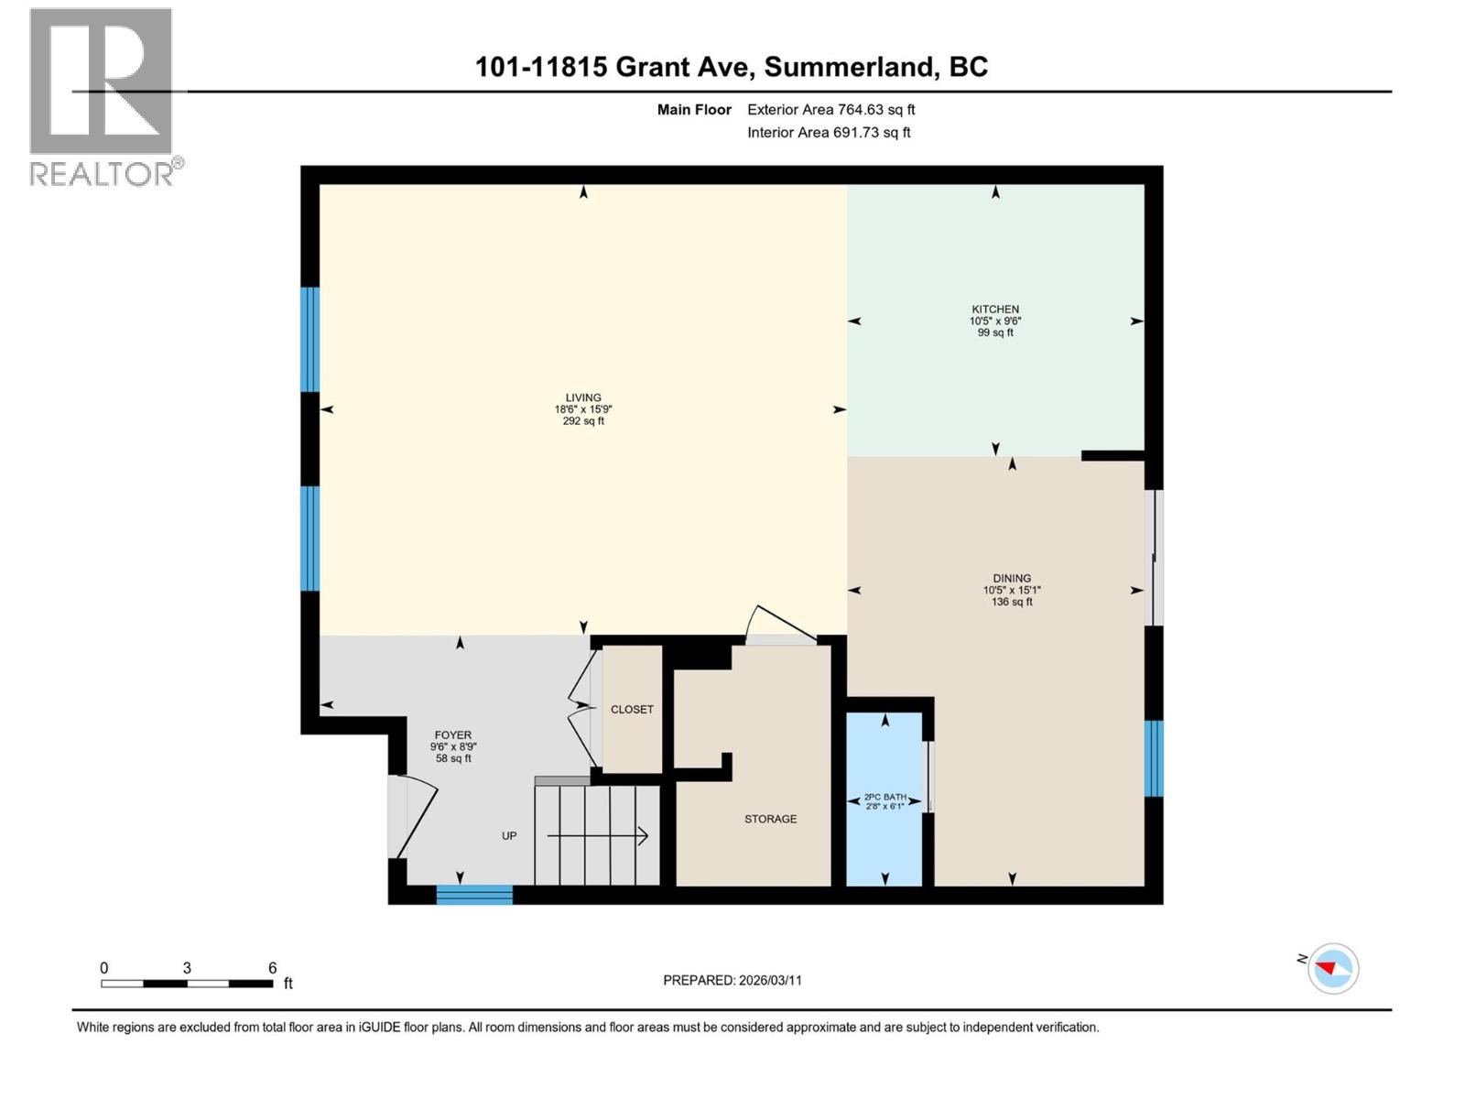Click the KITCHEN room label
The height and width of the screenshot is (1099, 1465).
click(x=995, y=310)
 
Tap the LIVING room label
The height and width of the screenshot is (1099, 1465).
click(x=583, y=397)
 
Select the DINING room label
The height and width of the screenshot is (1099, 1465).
click(x=1012, y=578)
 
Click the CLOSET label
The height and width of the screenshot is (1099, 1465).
click(x=632, y=709)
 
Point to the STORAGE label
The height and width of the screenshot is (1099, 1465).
click(x=770, y=819)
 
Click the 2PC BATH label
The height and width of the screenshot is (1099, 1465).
click(x=884, y=797)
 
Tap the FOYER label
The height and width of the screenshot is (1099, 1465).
click(x=452, y=734)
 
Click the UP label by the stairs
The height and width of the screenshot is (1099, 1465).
click(x=509, y=835)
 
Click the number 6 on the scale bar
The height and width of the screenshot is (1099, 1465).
click(x=273, y=968)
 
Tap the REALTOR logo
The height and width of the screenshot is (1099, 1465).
click(x=103, y=96)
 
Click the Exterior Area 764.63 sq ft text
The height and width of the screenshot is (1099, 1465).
click(x=830, y=110)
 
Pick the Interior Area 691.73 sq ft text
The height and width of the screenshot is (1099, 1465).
click(x=829, y=133)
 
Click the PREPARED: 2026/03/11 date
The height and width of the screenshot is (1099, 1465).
click(x=732, y=980)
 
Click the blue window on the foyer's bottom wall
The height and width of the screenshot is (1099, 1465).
click(x=474, y=895)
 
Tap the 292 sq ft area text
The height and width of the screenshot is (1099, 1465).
click(x=583, y=421)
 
